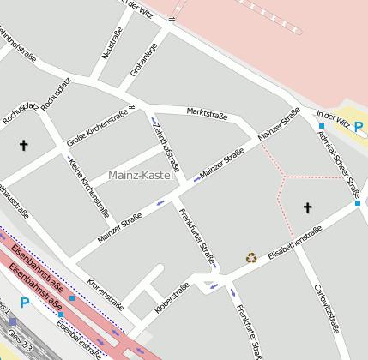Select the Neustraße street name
110,40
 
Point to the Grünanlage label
143,60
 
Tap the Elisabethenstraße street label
294,242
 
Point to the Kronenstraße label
106,294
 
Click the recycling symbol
251,257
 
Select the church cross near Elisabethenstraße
308,207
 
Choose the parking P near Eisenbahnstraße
25,303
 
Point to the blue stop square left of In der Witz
321,126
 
